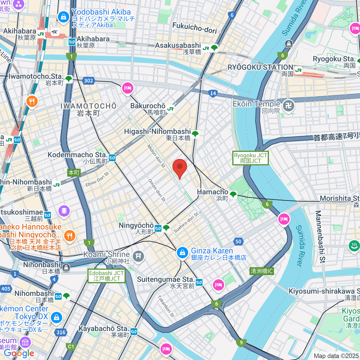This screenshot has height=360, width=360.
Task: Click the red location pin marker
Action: pos(180,168)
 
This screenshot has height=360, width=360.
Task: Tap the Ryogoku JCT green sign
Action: pos(250,158)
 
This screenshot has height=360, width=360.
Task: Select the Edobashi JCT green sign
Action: pos(106,276)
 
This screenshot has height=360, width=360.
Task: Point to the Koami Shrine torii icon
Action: pos(138,256)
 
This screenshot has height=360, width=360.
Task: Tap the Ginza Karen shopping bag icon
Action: pos(182,253)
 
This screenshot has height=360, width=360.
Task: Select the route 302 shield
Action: pos(88,80)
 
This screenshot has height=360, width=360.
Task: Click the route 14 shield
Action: pos(213,93)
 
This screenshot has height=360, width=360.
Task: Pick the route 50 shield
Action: pos(238,241)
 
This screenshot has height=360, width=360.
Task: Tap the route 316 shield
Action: pos(61,332)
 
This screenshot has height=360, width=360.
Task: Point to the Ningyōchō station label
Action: pos(136,228)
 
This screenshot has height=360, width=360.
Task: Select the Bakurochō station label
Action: pos(148,109)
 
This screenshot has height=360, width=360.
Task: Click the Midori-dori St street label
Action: pos(156,156)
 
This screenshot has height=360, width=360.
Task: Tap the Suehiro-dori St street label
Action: pos(186,222)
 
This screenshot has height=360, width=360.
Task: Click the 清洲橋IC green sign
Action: pos(262,271)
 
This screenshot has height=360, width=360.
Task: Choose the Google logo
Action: pos(19,353)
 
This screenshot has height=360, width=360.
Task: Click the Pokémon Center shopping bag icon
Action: pos(56,317)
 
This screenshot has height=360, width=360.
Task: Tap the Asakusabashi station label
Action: pos(178,48)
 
